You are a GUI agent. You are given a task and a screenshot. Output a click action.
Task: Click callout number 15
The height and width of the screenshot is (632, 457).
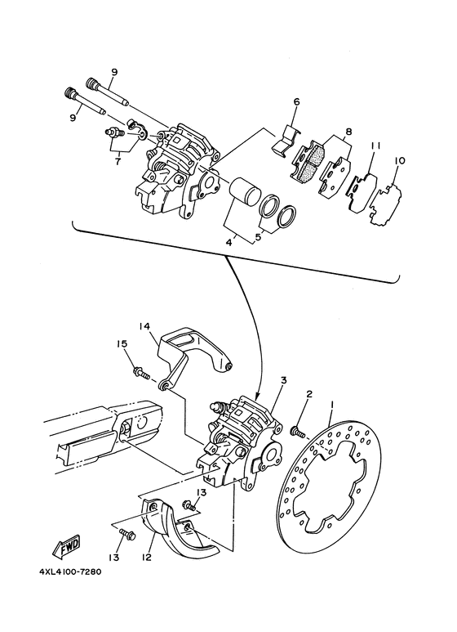pos(122,344)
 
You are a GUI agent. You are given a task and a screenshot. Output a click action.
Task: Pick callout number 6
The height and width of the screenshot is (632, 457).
pos(296,102)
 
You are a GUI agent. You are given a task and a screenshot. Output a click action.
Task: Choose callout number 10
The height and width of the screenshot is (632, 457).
pos(400,161)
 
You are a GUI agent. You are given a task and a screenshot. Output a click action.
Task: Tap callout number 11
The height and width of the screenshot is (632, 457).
pos(375,145)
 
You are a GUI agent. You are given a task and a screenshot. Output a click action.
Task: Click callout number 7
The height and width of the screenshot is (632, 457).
pos(118,162)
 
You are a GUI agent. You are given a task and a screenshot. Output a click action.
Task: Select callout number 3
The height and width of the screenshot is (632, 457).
pos(284,380)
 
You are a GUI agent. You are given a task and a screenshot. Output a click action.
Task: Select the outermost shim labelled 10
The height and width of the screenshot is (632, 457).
pos(385,204)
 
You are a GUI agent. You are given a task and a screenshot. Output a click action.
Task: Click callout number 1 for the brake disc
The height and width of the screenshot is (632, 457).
pos(332,403)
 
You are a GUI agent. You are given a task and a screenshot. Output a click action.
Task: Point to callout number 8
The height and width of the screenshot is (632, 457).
pos(348,132)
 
